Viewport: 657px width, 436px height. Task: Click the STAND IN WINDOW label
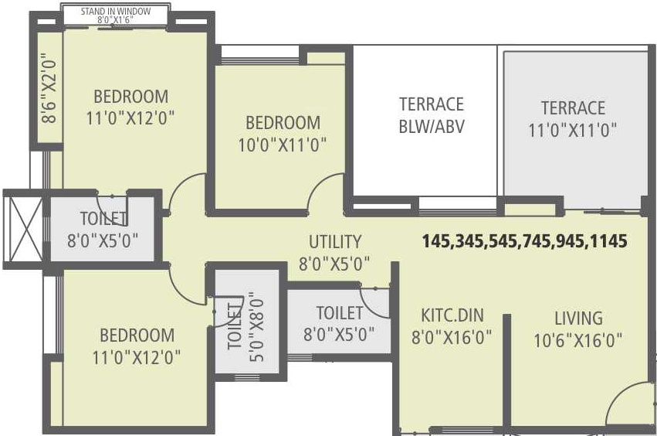point(116,12)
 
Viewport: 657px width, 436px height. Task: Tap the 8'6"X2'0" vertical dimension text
point(49,87)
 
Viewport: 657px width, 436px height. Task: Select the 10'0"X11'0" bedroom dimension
point(283,145)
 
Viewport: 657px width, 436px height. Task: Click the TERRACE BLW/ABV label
point(432,115)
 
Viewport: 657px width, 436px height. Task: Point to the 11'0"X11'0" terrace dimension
point(572,130)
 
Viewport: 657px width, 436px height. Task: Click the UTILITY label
point(335,242)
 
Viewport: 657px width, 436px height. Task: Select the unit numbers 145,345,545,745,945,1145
point(524,241)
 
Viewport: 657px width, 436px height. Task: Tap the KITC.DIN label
point(452,315)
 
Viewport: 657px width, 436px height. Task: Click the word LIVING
point(579,318)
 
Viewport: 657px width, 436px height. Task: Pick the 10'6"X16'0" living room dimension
point(578,340)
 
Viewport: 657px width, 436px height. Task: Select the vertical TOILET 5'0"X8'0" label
point(246,326)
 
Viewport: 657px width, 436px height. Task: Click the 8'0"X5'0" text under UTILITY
point(334,264)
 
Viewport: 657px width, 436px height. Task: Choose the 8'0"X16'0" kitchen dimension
point(452,337)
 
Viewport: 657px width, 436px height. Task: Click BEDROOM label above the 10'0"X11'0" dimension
point(283,123)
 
